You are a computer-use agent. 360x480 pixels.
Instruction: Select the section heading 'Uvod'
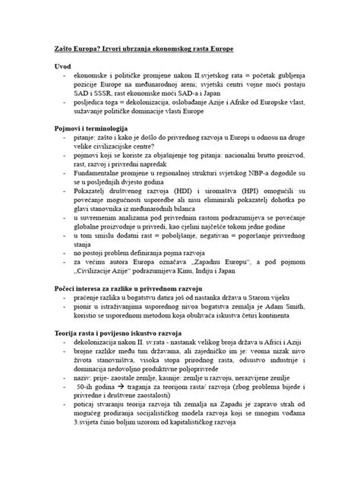(64, 66)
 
